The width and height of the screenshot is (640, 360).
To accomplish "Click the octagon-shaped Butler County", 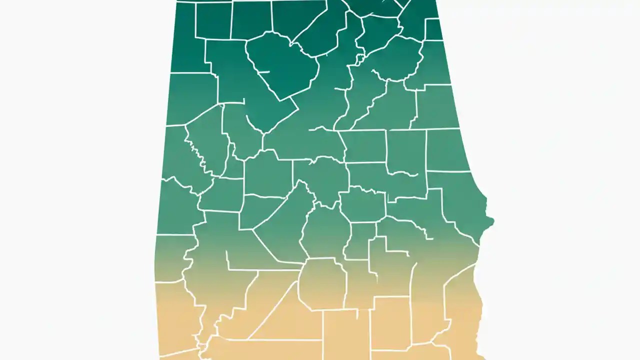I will tap(322, 283).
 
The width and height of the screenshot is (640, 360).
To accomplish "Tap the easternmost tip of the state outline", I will tap(493, 220).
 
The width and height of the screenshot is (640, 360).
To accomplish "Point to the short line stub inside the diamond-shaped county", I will tap(263, 72).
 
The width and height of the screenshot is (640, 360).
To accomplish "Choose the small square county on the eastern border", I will tap(434, 29).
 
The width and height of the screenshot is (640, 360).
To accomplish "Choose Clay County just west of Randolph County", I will tap(406, 150).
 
